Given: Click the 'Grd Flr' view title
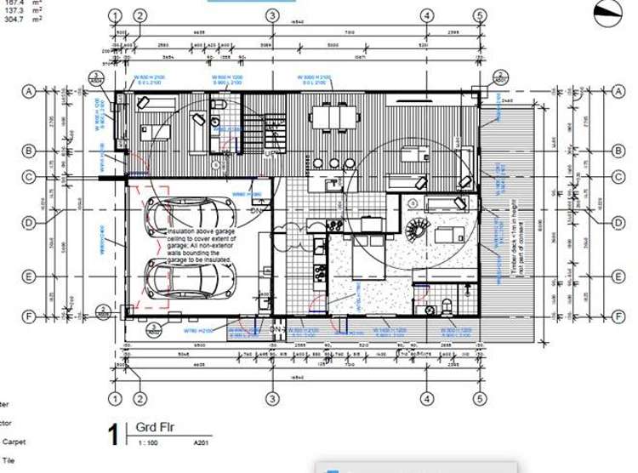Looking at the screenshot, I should [156, 427].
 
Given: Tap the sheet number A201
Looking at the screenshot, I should [202, 443].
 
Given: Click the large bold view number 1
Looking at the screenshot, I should [114, 435].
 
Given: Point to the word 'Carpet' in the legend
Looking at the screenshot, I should [14, 442].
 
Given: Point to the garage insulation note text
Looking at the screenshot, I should [202, 246].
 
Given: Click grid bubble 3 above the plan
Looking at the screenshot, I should [271, 15].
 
